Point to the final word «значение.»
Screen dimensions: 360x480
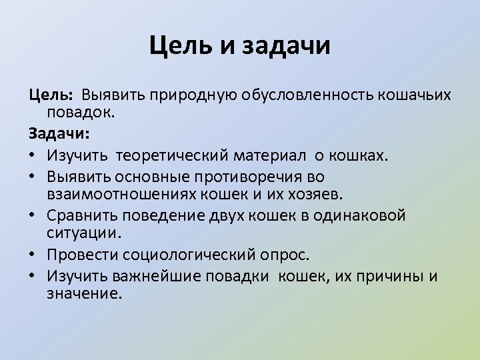85,294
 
